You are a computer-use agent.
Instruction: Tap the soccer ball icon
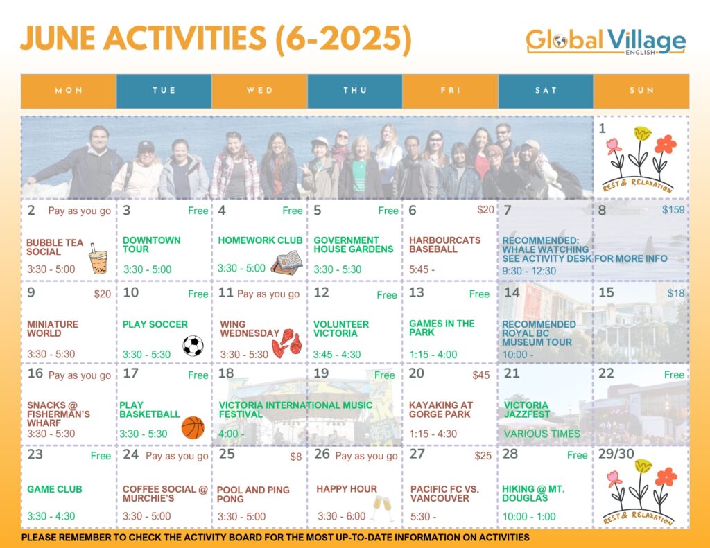[x=193, y=346]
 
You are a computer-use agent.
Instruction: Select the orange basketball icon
[x=193, y=427]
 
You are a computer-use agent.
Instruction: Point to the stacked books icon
[x=286, y=263]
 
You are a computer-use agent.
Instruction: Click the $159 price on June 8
[x=673, y=210]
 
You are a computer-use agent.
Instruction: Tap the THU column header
[x=355, y=91]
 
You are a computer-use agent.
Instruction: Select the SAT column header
[x=546, y=91]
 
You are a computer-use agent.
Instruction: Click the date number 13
[x=417, y=292]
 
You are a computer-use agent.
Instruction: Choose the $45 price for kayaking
[x=481, y=375]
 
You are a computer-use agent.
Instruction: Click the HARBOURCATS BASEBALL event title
[x=444, y=245]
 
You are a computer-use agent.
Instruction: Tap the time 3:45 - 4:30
[x=337, y=354]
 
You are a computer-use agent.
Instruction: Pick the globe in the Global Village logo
[x=560, y=41]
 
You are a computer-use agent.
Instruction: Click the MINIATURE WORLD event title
[x=53, y=328]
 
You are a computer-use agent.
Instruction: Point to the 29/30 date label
[x=616, y=453]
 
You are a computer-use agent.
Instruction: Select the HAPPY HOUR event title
[x=347, y=488]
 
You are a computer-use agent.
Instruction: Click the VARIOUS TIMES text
[x=542, y=434]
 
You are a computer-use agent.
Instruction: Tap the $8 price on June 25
[x=296, y=457]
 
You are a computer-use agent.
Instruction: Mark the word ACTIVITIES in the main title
[x=184, y=38]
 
